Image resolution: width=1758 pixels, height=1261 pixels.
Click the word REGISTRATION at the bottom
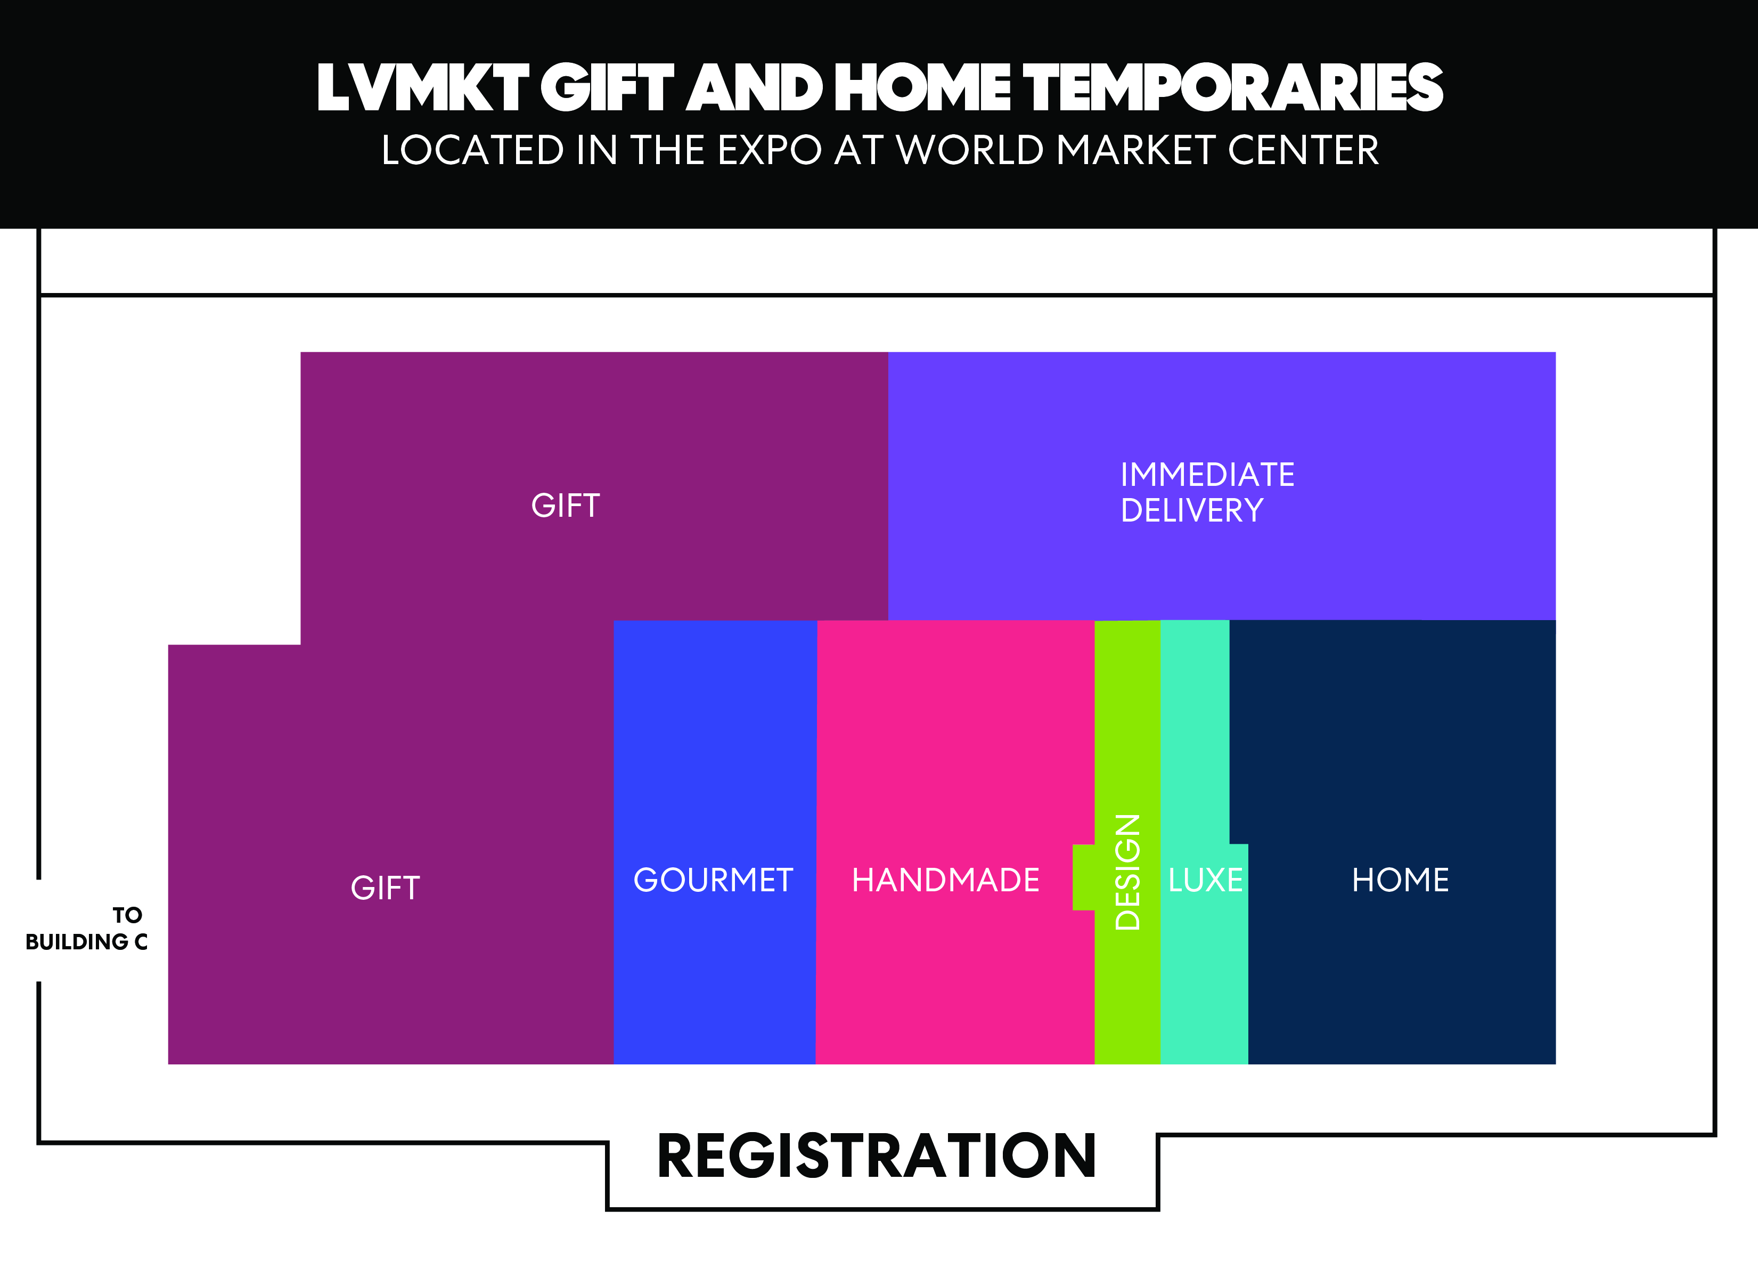click(877, 1156)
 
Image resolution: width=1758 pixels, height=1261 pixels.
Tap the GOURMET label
click(713, 880)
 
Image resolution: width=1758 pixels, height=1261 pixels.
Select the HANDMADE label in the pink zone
click(946, 880)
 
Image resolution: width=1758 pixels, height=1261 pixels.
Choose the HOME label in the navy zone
click(1401, 880)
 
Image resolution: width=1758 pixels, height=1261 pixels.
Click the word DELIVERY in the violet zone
click(1192, 510)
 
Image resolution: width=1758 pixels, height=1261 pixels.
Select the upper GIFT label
click(566, 506)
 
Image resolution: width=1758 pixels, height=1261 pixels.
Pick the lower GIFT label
click(385, 888)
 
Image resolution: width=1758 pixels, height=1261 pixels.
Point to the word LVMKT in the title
click(422, 87)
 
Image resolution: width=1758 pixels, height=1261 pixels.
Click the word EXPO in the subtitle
click(769, 150)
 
